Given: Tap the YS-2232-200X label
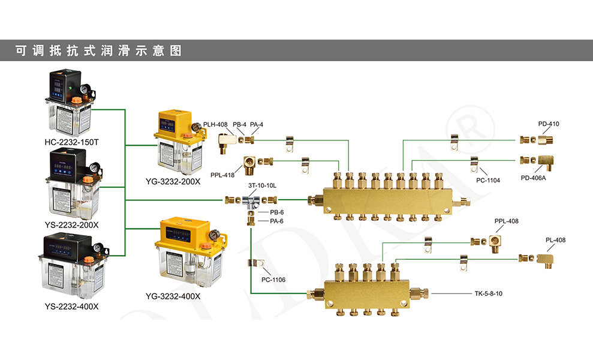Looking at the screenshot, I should (x=71, y=224).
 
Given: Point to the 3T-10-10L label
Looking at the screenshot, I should (x=262, y=185).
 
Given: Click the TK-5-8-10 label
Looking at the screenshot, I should (x=488, y=294).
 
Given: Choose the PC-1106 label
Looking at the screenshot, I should (x=273, y=280).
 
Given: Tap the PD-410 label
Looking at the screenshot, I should (x=548, y=124).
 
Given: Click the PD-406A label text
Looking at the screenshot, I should (x=534, y=178).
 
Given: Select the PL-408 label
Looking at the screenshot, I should (x=555, y=240).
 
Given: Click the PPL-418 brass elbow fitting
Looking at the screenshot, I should (x=251, y=162).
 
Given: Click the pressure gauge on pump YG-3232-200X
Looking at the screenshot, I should (x=195, y=128).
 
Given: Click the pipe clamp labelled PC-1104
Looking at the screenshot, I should (x=474, y=162).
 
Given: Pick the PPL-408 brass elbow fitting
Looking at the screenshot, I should (x=495, y=242).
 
